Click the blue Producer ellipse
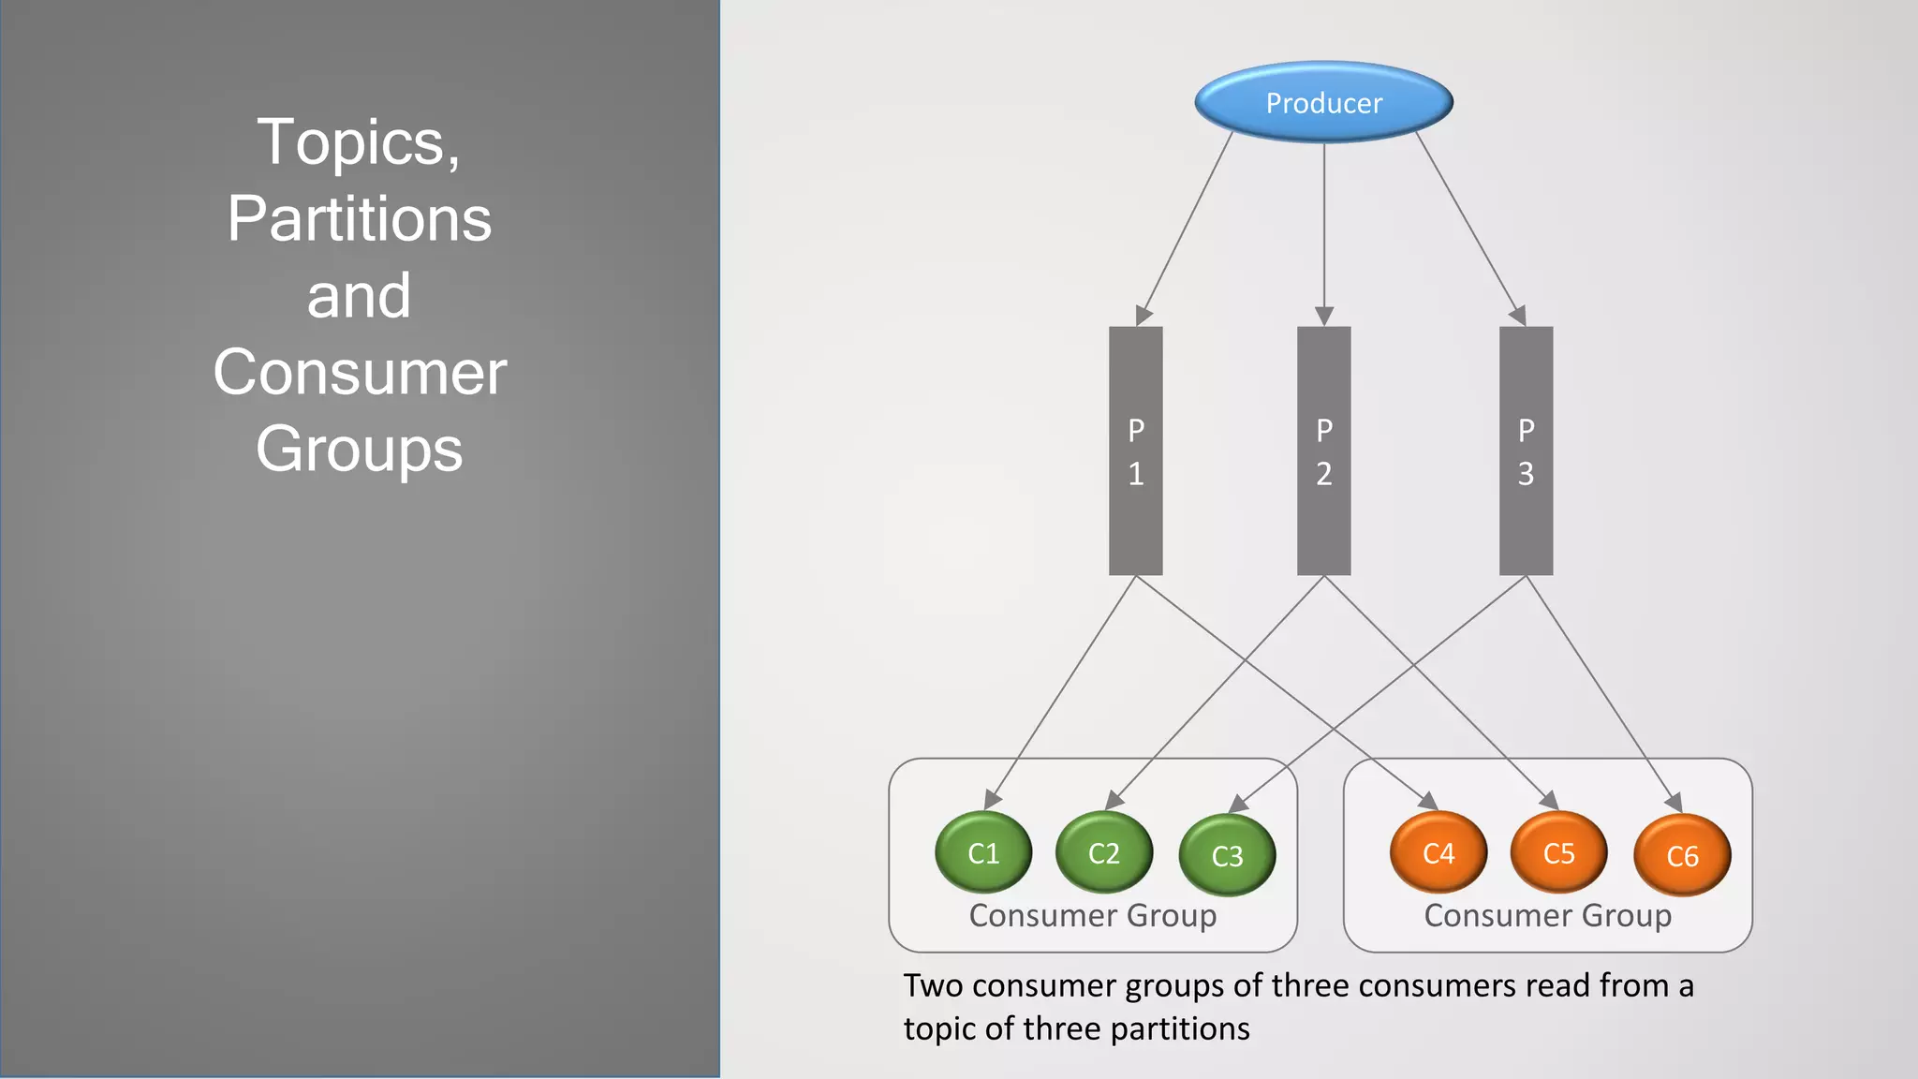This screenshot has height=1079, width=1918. (1323, 102)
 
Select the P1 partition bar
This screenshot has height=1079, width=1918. (1135, 451)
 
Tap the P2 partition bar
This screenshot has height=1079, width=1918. (1323, 451)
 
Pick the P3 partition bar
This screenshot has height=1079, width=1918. (1526, 451)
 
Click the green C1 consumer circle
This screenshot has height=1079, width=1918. (983, 852)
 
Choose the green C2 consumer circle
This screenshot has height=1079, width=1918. (1104, 852)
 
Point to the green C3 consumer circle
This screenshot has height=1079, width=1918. (1227, 855)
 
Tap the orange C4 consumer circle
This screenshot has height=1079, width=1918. (1438, 852)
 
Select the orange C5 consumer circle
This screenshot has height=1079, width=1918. (1559, 852)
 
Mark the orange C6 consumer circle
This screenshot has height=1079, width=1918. (1682, 855)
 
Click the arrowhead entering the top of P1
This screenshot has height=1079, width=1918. (1143, 316)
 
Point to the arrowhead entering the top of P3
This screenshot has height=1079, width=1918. (1519, 316)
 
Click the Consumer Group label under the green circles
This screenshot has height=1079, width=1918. (1093, 915)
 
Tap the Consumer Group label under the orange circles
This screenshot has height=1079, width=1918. (1547, 915)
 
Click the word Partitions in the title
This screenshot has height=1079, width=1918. (360, 218)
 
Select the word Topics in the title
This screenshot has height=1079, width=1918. (352, 142)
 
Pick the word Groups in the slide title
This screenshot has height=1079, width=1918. (360, 449)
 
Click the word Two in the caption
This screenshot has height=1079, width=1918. (933, 985)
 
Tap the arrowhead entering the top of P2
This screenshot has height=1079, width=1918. (1323, 316)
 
